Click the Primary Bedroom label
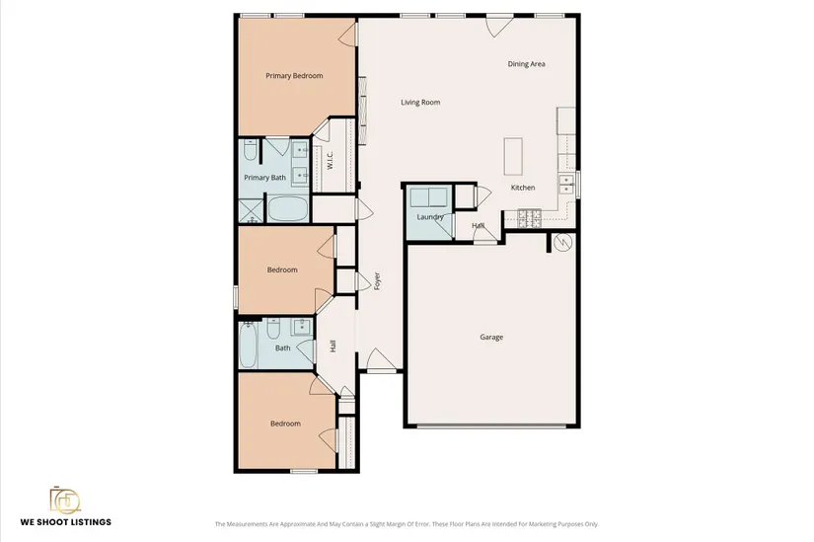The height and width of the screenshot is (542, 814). [x=294, y=76]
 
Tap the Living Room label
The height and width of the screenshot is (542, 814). [x=420, y=103]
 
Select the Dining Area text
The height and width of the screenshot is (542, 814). [x=526, y=64]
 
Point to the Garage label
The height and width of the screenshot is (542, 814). [x=491, y=338]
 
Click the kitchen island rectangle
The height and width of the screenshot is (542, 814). [x=513, y=156]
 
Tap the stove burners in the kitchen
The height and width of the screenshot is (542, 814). [x=530, y=218]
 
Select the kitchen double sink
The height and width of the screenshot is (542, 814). [x=566, y=185]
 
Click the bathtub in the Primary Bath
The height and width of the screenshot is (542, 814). [x=287, y=209]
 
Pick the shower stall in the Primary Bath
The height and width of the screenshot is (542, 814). [x=252, y=211]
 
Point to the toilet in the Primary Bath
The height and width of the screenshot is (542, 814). [x=250, y=150]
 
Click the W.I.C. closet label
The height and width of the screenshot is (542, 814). [x=330, y=160]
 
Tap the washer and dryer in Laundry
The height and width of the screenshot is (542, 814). [x=429, y=197]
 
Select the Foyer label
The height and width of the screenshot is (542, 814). [x=378, y=281]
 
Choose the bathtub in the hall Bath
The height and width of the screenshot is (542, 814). [x=248, y=346]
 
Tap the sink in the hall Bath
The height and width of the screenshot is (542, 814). [x=301, y=327]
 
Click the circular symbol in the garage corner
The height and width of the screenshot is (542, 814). [x=562, y=242]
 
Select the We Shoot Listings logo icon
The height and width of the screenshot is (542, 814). [x=65, y=500]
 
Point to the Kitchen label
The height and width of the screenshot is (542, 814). [x=523, y=188]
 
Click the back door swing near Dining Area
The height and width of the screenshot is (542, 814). [x=499, y=26]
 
